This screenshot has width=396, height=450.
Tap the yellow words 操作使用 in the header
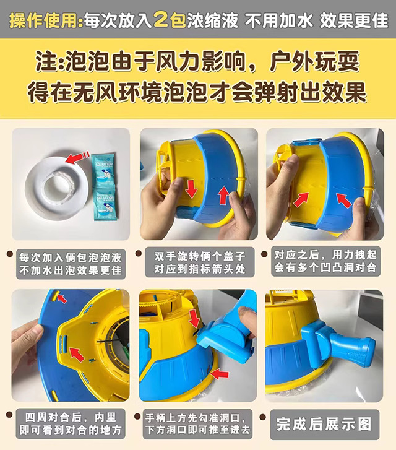43,20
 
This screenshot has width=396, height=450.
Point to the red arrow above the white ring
76,157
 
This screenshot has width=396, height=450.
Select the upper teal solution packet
103,169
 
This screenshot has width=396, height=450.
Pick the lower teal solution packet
106,202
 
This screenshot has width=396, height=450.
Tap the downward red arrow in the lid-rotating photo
191,189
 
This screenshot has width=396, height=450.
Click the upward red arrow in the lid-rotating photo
223,195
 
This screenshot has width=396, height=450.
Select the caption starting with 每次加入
71,264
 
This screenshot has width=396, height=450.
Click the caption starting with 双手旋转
200,262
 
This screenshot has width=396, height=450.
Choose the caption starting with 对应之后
325,261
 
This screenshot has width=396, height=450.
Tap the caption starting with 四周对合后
71,423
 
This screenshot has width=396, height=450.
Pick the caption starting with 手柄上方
198,424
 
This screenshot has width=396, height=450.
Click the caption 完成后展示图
324,424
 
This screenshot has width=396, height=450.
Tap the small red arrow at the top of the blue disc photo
62,299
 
